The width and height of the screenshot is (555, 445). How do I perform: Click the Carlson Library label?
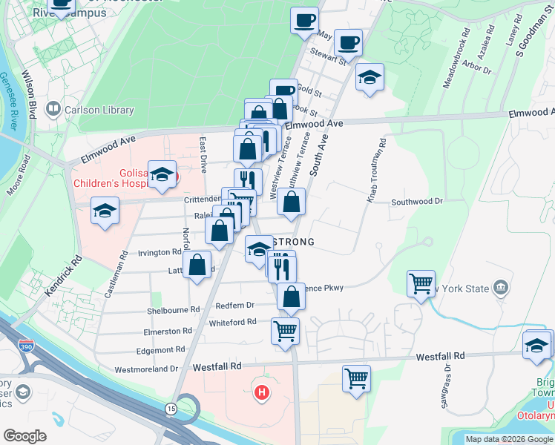(99, 111)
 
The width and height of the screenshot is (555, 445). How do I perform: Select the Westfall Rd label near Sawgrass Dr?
(441, 356)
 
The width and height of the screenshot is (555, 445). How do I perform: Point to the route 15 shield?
(172, 409)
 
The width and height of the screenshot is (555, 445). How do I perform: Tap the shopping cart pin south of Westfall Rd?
(356, 378)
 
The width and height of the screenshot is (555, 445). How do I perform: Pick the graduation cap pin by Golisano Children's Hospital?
(162, 174)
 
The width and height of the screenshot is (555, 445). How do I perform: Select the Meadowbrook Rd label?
(456, 59)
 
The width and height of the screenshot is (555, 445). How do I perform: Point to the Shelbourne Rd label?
(174, 310)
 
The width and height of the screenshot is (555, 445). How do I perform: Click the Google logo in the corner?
(24, 435)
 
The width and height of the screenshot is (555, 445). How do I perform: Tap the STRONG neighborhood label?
(294, 242)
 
